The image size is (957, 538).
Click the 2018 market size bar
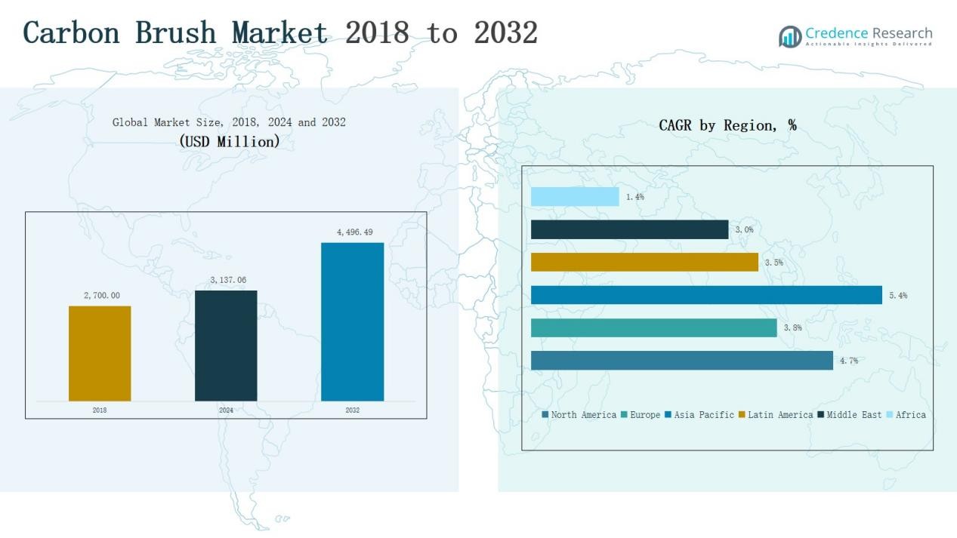[x=100, y=353]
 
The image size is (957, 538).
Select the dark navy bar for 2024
[x=226, y=346]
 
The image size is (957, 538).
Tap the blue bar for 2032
[x=352, y=321]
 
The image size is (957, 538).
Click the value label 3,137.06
[x=228, y=280]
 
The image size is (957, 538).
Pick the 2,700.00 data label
[x=101, y=296]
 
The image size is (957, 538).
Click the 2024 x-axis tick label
[x=226, y=410]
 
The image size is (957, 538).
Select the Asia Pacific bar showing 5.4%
[x=706, y=295]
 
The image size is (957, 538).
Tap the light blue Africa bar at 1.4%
[x=575, y=197]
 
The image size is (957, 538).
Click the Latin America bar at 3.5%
[x=644, y=262]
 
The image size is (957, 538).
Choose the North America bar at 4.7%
[x=681, y=361]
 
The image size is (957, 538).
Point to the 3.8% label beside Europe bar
[x=792, y=328]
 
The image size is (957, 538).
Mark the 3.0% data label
[x=744, y=229]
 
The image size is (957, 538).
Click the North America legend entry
[x=579, y=415]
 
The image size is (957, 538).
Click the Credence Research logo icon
[x=790, y=36]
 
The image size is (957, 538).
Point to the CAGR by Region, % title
[x=727, y=125]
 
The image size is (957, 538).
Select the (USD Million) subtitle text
[x=230, y=141]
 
